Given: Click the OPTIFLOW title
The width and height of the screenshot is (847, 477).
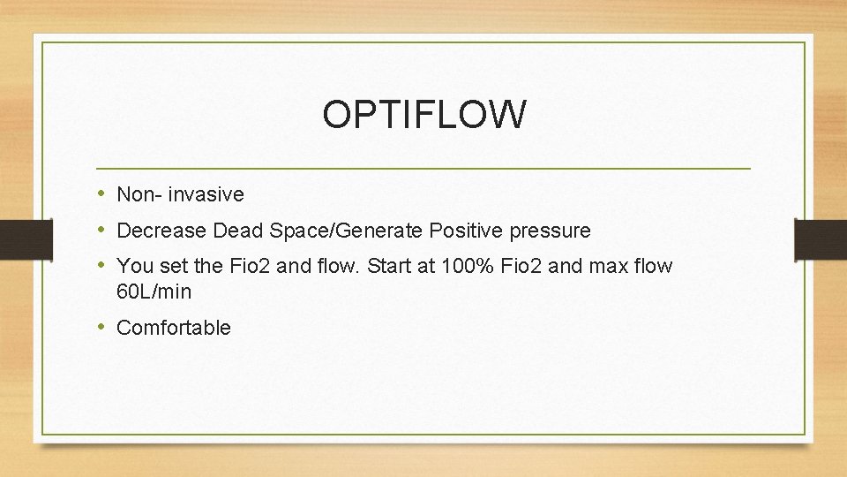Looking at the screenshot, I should pyautogui.click(x=423, y=114).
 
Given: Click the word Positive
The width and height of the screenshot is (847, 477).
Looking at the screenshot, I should pyautogui.click(x=463, y=231).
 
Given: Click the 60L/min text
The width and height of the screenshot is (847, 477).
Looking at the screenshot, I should pyautogui.click(x=154, y=291).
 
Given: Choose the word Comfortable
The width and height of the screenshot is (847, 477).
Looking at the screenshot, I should pyautogui.click(x=174, y=328).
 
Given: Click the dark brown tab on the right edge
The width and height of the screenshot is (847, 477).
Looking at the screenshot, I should pyautogui.click(x=821, y=238).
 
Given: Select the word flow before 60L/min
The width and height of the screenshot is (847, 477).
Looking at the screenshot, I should pyautogui.click(x=652, y=266).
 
